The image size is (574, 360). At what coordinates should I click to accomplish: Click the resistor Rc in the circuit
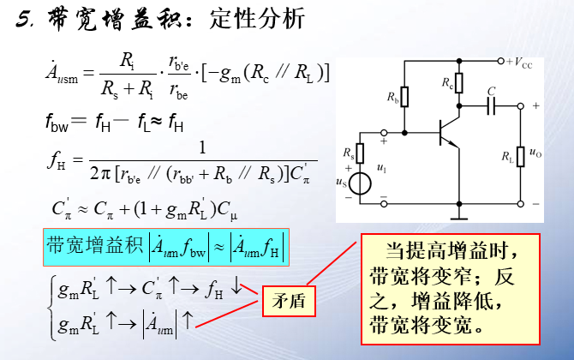pos(458,83)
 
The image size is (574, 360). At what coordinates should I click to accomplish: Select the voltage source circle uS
pos(362,184)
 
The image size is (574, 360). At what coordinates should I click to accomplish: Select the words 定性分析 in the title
pos(257,19)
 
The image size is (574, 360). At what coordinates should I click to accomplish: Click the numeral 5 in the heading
pos(23,20)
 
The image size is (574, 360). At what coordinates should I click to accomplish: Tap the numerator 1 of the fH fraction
pos(202,148)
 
